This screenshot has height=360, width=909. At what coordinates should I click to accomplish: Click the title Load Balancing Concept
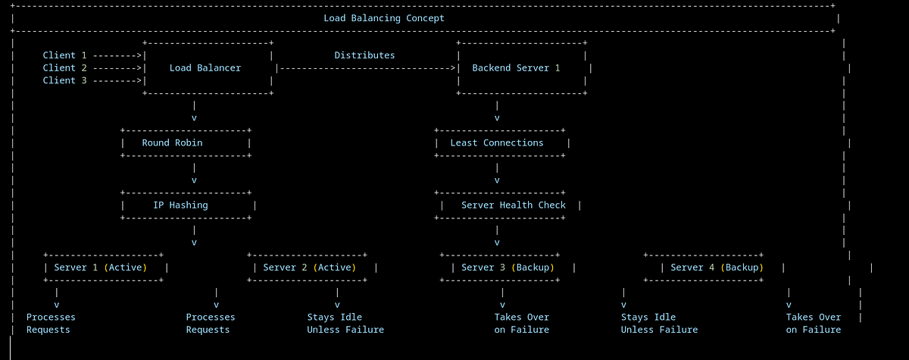(384, 18)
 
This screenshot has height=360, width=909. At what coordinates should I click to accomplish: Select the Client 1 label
(64, 55)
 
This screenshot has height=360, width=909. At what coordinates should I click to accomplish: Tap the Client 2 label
(64, 68)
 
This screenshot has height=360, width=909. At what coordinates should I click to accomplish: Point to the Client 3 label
(64, 80)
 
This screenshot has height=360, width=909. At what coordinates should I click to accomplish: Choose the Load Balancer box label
(205, 68)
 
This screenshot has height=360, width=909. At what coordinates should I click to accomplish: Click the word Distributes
(364, 55)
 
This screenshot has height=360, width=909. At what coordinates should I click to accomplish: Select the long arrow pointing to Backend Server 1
(367, 68)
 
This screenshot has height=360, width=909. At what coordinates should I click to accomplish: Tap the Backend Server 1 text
(516, 68)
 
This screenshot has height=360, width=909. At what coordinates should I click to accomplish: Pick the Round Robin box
(186, 142)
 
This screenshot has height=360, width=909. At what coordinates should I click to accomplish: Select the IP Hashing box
(188, 205)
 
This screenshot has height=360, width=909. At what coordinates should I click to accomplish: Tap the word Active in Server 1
(125, 268)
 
